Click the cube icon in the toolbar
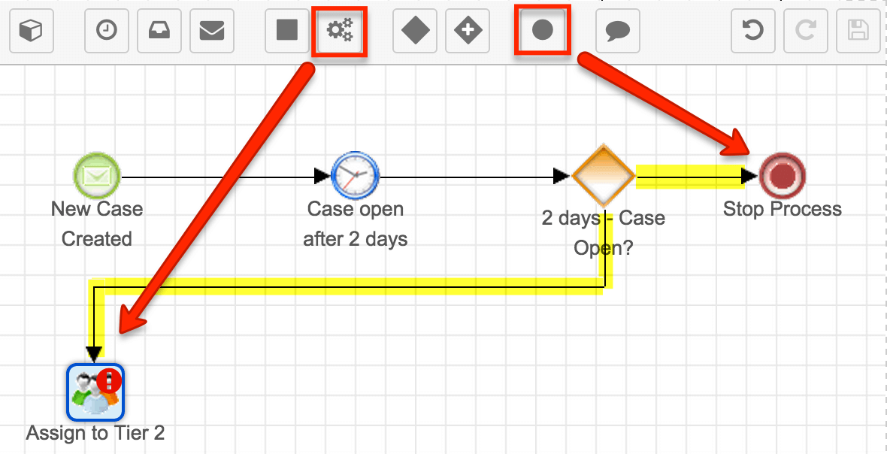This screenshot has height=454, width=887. pos(32,31)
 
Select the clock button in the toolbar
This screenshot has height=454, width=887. pos(106,31)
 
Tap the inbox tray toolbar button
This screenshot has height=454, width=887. pos(159,31)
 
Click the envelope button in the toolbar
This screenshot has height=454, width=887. pos(211,31)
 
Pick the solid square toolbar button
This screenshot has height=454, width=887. pos(287,31)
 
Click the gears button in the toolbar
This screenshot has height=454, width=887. pos(340,31)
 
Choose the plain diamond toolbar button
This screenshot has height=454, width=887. pos(415,31)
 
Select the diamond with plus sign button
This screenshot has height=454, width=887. pos(468,31)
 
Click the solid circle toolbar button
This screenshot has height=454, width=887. pos(543,31)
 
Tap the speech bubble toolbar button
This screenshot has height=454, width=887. pos(618,31)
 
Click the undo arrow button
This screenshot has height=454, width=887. pos(753,31)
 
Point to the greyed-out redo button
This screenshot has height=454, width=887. pos(806,31)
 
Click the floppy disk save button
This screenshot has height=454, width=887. pos(858,31)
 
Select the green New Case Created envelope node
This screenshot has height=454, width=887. pos(97,176)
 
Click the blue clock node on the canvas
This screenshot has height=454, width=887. pos(356,176)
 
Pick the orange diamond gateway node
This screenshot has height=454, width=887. pos(604,176)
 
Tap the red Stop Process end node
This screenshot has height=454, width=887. pos(783,176)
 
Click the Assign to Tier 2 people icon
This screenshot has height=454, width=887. pos(95,392)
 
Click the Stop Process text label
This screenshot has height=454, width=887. pos(783,209)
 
